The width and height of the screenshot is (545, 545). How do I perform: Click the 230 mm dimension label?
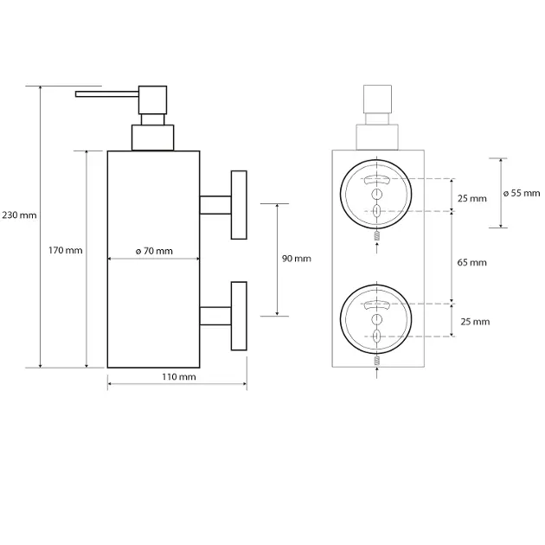click(20, 215)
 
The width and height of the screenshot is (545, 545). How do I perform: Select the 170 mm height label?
click(65, 251)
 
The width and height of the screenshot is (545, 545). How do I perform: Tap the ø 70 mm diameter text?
click(154, 251)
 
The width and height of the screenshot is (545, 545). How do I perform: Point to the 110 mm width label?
click(178, 377)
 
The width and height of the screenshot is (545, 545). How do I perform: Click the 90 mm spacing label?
click(296, 259)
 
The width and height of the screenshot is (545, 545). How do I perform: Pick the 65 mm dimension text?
click(472, 261)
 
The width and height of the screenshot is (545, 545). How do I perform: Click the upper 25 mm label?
click(472, 198)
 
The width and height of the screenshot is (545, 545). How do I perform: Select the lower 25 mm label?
click(475, 321)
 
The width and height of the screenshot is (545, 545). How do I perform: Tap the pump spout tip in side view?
click(79, 93)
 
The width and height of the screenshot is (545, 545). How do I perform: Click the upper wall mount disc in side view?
click(238, 204)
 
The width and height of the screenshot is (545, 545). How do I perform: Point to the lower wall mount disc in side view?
click(238, 316)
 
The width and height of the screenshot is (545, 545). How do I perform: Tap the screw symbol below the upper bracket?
click(376, 236)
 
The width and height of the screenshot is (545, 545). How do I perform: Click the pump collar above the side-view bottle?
click(152, 138)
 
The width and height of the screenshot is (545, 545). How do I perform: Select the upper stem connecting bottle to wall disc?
click(215, 204)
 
